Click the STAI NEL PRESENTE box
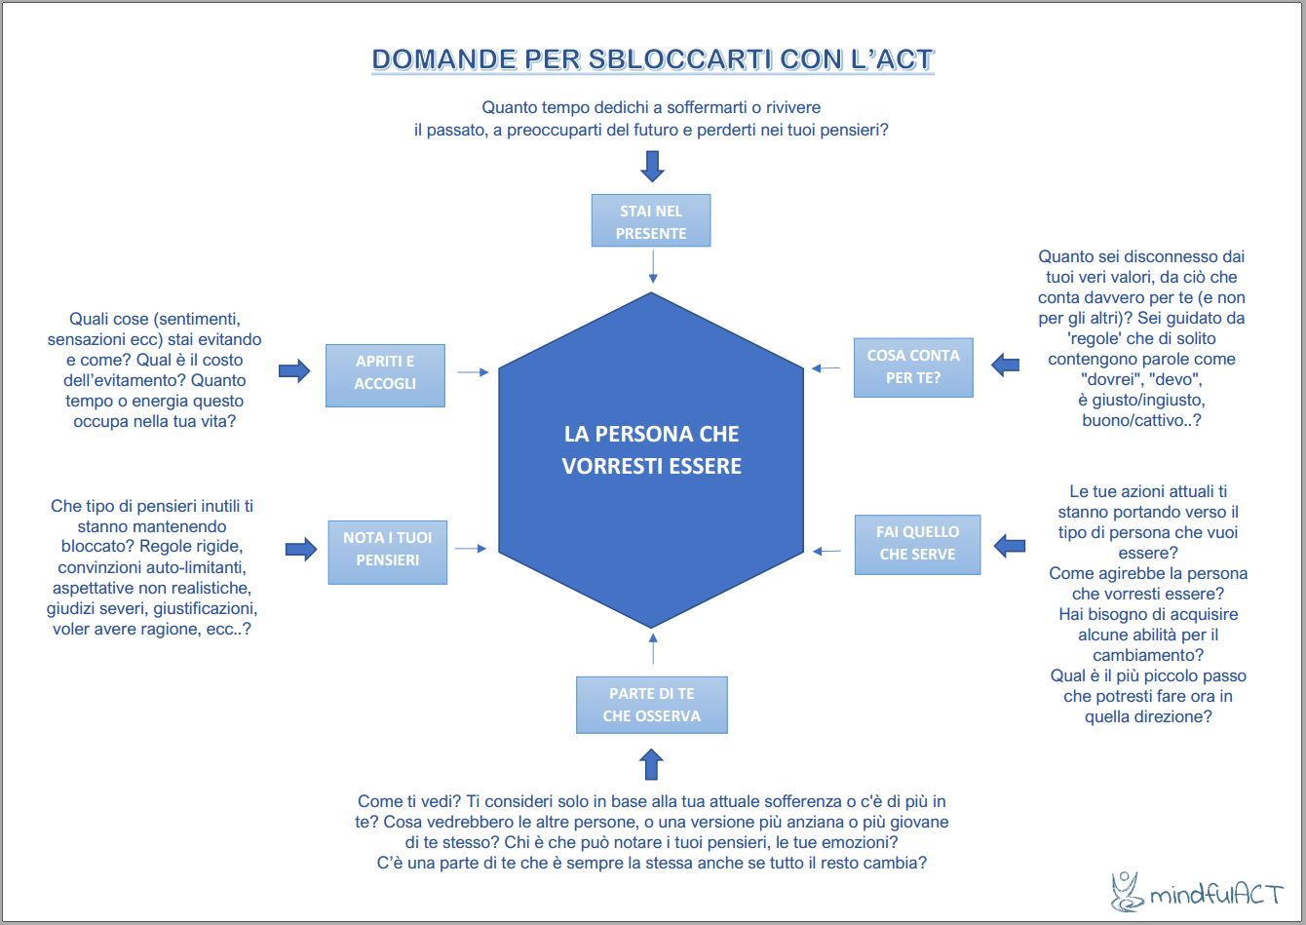click(x=651, y=221)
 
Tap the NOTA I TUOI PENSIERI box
click(x=387, y=549)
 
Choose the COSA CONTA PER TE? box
click(x=913, y=367)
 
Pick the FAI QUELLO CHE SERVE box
click(x=918, y=543)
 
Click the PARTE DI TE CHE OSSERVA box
click(x=651, y=705)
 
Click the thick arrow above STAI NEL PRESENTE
click(x=652, y=165)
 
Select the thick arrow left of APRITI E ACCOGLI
click(x=293, y=370)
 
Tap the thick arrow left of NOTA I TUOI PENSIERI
click(x=300, y=549)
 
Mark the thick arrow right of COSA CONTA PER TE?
click(x=1005, y=366)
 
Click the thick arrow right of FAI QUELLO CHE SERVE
click(x=1009, y=544)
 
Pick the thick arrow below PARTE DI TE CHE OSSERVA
click(x=652, y=763)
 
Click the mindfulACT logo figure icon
click(x=1127, y=891)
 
